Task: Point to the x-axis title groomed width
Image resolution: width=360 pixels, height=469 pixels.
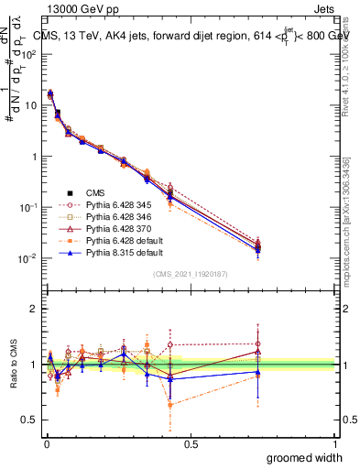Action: click(305, 457)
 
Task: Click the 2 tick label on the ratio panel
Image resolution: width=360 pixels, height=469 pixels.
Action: click(33, 309)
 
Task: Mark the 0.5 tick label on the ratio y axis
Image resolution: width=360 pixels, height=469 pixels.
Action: click(28, 420)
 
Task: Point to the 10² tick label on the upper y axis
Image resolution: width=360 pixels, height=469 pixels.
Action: click(27, 54)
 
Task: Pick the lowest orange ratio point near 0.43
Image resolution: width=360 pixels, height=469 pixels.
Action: click(169, 404)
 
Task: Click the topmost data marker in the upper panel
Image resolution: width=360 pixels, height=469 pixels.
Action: click(49, 93)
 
